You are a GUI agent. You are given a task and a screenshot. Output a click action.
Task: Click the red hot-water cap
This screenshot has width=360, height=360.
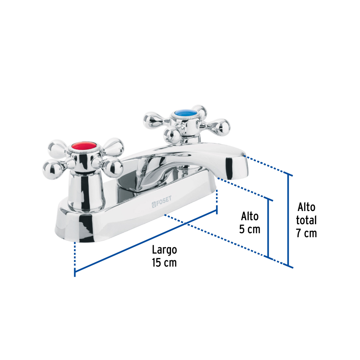tap(84, 145)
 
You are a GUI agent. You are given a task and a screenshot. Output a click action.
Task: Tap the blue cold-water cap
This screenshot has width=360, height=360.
tap(185, 113)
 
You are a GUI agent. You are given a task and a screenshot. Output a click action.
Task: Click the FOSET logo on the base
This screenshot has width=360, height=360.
tap(162, 202)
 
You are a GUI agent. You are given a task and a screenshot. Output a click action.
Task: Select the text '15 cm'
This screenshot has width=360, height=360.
tap(164, 263)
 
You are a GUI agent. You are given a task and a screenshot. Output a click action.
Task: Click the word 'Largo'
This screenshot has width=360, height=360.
tap(165, 250)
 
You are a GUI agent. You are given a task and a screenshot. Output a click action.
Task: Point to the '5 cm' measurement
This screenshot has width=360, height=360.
tap(249, 229)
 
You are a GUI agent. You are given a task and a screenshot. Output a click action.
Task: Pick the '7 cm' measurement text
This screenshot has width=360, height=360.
tap(306, 233)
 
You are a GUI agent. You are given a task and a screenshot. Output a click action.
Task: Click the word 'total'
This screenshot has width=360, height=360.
tap(306, 220)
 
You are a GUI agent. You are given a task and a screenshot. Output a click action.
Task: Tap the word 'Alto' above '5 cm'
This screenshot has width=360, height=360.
tap(249, 216)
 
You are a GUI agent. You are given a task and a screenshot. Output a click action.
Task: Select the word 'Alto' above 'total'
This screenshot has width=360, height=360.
tap(306, 207)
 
